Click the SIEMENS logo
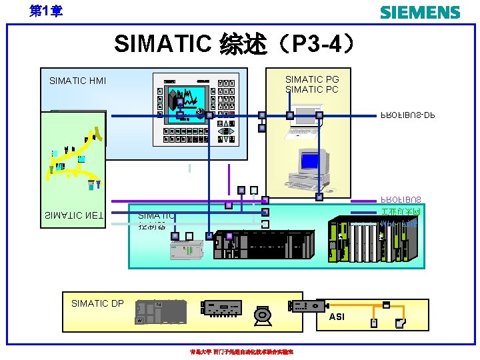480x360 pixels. (419, 13)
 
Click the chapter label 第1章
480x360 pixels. (46, 11)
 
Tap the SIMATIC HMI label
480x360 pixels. (77, 81)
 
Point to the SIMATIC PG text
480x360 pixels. (312, 79)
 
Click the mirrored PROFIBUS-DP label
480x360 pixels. (407, 115)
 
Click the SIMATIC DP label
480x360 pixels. (97, 303)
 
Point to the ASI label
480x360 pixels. (337, 317)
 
